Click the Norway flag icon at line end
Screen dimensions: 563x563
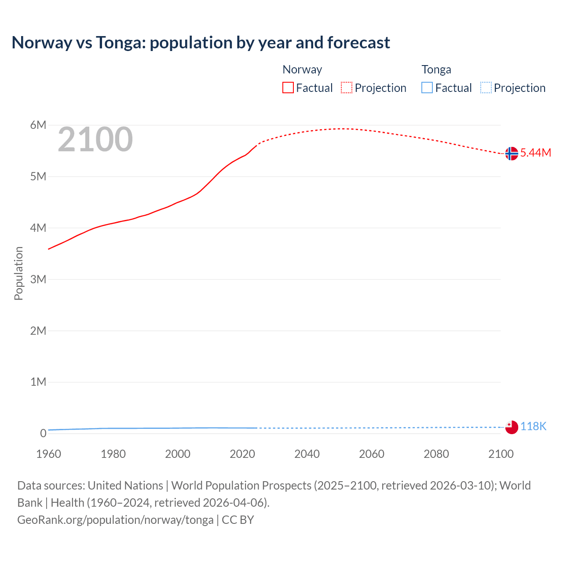tap(512, 154)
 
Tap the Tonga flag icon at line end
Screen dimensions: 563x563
tap(512, 427)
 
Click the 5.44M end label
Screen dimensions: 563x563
tap(535, 153)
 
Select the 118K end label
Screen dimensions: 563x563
tap(533, 426)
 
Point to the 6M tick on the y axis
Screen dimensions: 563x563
tap(38, 125)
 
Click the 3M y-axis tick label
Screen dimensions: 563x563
tap(38, 279)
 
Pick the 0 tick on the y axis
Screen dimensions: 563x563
tap(43, 433)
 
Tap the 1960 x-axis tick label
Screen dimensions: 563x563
tap(48, 454)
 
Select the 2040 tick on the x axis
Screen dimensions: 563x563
tap(307, 454)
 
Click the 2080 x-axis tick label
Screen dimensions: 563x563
tap(436, 454)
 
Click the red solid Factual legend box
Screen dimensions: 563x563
tap(288, 88)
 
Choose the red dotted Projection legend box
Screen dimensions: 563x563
tap(347, 88)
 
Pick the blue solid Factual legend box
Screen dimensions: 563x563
tap(427, 88)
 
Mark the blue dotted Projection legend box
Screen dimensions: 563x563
tap(486, 88)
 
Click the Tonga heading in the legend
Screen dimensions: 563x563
tap(436, 69)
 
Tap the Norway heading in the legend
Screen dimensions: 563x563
tap(302, 69)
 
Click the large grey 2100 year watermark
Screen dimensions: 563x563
tap(95, 139)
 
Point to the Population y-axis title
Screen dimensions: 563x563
tap(18, 273)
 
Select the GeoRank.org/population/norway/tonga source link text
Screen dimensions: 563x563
tap(115, 519)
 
